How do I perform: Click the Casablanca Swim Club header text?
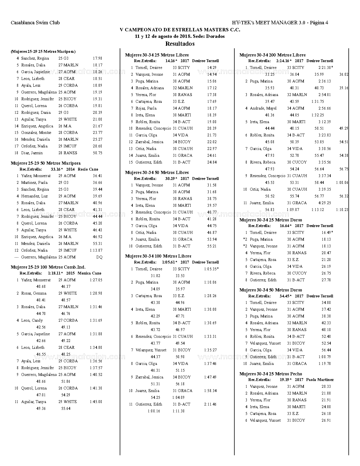click(35, 23)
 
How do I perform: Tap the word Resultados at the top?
click(180, 44)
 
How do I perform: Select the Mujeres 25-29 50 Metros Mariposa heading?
click(45, 163)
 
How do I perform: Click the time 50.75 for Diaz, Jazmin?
click(97, 153)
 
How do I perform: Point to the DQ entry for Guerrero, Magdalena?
click(99, 257)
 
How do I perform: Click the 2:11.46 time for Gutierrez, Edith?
click(210, 404)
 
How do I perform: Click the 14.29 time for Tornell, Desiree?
click(212, 67)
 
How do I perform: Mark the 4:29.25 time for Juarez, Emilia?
click(324, 203)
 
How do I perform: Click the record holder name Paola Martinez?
click(320, 380)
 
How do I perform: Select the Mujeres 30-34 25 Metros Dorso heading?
click(270, 220)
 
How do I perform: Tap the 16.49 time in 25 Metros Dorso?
click(326, 232)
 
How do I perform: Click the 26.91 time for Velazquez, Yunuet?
click(326, 420)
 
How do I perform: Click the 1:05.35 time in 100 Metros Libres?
click(210, 269)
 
